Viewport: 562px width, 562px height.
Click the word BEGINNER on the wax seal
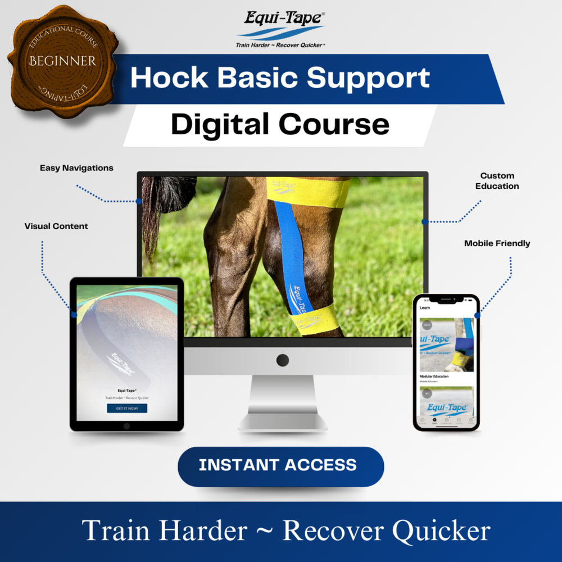pyautogui.click(x=63, y=61)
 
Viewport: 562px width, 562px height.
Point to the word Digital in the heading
pyautogui.click(x=219, y=124)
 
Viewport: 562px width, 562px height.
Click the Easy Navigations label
pyautogui.click(x=76, y=168)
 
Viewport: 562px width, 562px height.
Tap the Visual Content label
pyautogui.click(x=56, y=226)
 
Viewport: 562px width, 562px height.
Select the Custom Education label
pyautogui.click(x=497, y=181)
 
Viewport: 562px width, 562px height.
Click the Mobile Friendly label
pyautogui.click(x=497, y=243)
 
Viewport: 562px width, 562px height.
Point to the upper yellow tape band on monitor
pyautogui.click(x=315, y=191)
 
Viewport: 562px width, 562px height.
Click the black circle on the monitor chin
pyautogui.click(x=282, y=360)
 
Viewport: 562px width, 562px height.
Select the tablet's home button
pyautogui.click(x=127, y=426)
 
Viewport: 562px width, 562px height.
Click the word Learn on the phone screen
pyautogui.click(x=425, y=308)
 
